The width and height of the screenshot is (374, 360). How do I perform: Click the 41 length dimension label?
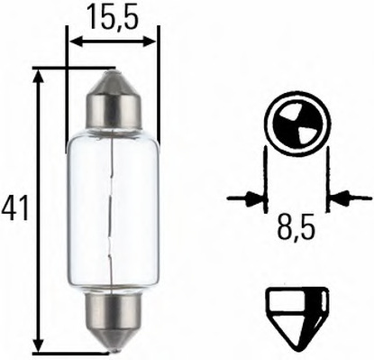15,208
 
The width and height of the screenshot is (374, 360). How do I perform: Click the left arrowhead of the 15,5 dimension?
74,40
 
